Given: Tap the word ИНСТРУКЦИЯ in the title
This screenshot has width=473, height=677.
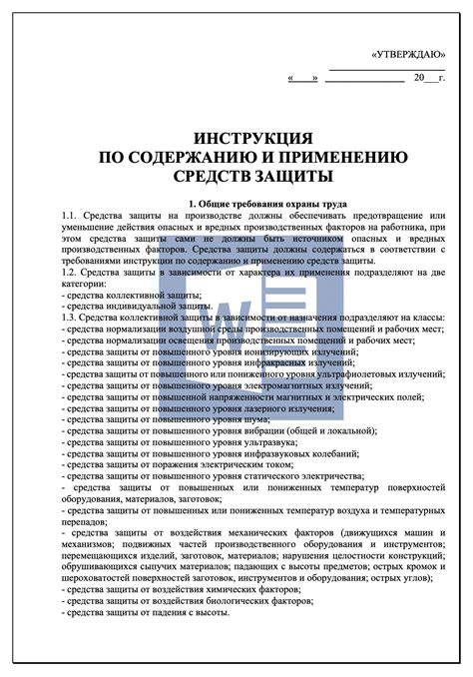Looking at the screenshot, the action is point(237,137).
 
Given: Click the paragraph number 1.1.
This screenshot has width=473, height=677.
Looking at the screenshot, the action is point(69,216).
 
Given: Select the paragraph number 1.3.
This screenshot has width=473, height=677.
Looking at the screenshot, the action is point(69,317).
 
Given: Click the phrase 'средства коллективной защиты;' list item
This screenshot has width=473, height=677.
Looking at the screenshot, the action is point(132,294).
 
